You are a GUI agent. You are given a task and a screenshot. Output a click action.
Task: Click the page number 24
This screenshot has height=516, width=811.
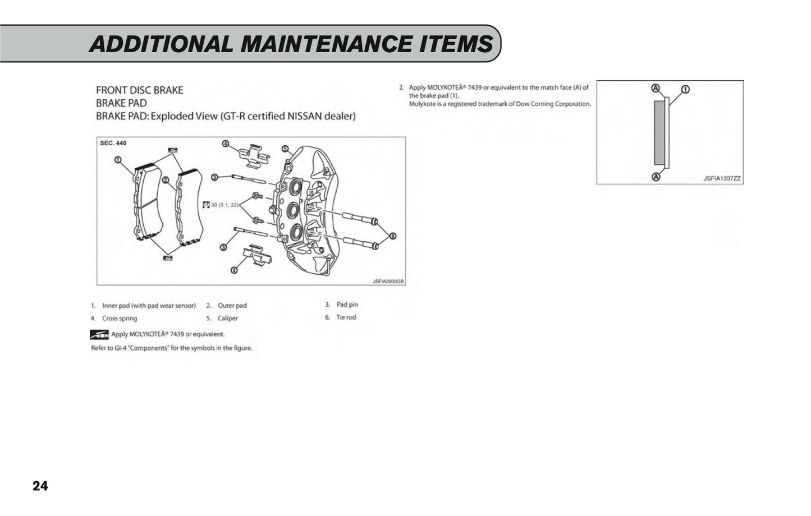(x=40, y=486)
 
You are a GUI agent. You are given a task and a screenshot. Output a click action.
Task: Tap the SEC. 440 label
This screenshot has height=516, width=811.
(x=113, y=143)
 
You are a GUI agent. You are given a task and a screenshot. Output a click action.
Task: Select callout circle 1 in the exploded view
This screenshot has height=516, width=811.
(x=118, y=160)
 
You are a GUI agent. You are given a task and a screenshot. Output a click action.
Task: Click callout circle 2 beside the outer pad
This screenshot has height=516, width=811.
(x=166, y=180)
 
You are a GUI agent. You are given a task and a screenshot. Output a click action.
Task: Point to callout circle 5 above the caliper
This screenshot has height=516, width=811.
(x=285, y=149)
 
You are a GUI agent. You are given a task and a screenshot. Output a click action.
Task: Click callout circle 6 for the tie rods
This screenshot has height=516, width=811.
(x=393, y=236)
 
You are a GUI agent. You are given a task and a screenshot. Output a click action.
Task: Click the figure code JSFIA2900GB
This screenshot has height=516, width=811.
(x=388, y=282)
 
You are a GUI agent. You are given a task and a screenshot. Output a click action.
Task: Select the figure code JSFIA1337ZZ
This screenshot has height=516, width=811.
(x=722, y=178)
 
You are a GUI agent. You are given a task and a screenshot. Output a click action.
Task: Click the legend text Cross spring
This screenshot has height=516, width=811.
(x=120, y=319)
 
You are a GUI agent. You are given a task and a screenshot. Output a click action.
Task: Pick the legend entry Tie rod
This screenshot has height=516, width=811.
(x=346, y=317)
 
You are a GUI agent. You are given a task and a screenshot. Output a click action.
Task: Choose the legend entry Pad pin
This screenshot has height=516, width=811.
(x=347, y=305)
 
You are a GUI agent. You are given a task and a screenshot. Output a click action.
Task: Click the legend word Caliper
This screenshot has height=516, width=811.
(x=228, y=319)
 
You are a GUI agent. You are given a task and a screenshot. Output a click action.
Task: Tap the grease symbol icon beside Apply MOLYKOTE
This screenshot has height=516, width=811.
(x=99, y=335)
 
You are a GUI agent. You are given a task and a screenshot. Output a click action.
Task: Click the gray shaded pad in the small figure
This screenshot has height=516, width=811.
(x=659, y=133)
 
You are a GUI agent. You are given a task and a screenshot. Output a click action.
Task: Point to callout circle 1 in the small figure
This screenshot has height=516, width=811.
(x=685, y=89)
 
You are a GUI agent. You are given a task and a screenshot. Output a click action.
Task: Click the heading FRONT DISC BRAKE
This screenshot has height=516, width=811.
(x=140, y=90)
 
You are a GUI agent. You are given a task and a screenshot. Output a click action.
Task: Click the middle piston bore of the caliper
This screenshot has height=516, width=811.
(x=293, y=210)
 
